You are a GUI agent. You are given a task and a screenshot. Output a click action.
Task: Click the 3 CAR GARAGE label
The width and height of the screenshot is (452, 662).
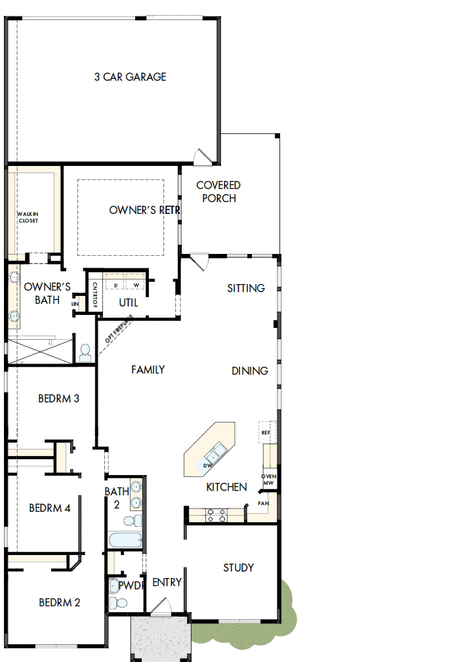click(130, 77)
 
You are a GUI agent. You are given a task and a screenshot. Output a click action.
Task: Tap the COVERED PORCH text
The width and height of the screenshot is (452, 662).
click(218, 192)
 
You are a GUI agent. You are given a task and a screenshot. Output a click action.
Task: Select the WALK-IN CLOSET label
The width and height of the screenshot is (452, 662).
click(28, 217)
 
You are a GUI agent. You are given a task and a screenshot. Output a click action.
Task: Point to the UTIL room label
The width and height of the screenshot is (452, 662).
click(129, 302)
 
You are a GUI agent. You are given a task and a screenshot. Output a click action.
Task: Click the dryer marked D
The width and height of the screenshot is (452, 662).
click(116, 285)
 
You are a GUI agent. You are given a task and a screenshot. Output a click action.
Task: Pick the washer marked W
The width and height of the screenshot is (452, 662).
click(136, 285)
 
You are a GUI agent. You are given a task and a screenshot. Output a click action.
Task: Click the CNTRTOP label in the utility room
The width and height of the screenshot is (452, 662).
click(95, 295)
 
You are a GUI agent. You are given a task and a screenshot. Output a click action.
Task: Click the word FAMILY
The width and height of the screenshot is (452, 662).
click(148, 370)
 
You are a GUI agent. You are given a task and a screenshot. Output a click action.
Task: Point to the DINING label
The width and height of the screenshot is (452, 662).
click(249, 371)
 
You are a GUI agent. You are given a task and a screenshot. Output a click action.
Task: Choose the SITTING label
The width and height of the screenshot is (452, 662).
click(246, 288)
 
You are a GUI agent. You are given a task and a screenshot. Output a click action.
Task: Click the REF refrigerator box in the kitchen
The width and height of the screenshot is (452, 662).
click(266, 432)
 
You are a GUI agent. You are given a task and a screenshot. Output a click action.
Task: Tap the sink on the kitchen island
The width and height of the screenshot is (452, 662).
click(215, 452)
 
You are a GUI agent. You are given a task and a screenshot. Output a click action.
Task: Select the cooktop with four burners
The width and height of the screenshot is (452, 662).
click(217, 515)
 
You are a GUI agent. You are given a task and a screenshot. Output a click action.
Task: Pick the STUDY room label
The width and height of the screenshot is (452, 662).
click(238, 568)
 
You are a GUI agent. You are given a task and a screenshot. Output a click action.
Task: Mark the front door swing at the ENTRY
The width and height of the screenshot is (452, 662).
click(160, 608)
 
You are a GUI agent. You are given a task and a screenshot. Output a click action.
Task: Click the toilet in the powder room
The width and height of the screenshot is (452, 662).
click(118, 602)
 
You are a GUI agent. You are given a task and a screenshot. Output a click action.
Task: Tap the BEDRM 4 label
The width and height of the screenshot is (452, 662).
click(49, 508)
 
